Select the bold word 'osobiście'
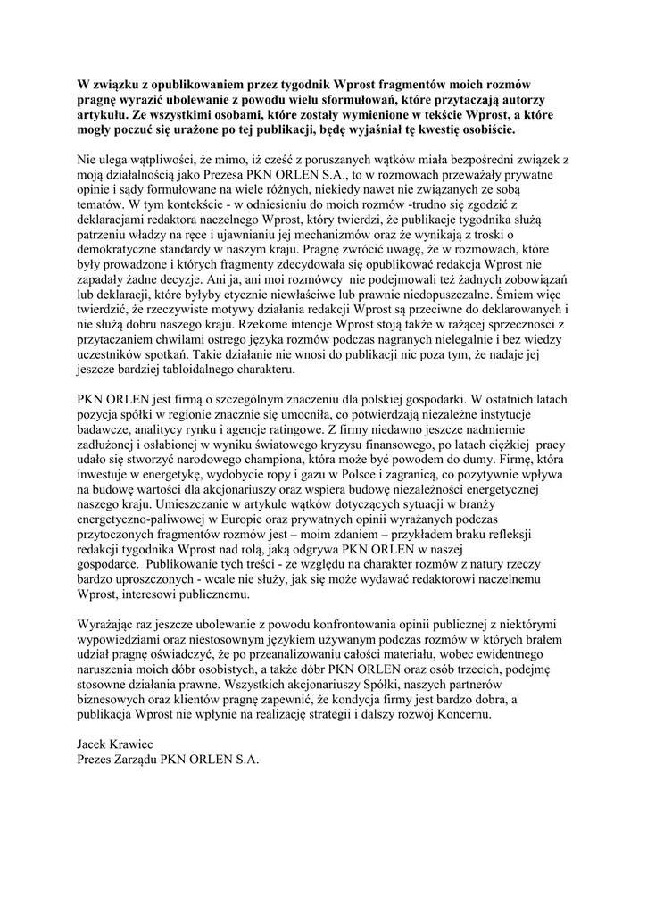coord(483,129)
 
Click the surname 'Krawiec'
coord(138,744)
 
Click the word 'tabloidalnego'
coord(180,367)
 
